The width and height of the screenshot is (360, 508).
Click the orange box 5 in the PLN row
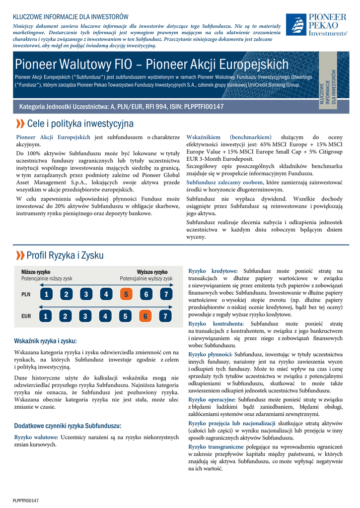(126, 294)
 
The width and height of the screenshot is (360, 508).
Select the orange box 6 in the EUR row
(145, 316)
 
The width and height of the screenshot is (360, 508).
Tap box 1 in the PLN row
(46, 294)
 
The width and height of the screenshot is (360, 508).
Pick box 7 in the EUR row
(166, 316)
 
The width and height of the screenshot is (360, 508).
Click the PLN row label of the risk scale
(26, 294)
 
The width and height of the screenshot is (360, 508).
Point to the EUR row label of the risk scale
(26, 316)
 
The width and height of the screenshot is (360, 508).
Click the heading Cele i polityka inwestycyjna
(80, 123)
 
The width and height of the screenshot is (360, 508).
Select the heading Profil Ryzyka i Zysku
(65, 255)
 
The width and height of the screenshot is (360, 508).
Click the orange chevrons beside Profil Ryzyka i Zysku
(20, 255)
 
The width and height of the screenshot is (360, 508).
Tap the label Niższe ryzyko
(36, 272)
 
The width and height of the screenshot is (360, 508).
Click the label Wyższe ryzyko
(152, 272)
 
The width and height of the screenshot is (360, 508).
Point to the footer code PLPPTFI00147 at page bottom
(26, 501)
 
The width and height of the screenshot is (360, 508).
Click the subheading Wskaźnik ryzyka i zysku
(45, 341)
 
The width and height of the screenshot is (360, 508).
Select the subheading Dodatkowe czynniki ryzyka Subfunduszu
(68, 426)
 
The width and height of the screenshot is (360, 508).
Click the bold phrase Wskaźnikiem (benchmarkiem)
(229, 137)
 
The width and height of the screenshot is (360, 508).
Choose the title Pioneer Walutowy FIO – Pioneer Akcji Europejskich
(151, 64)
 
